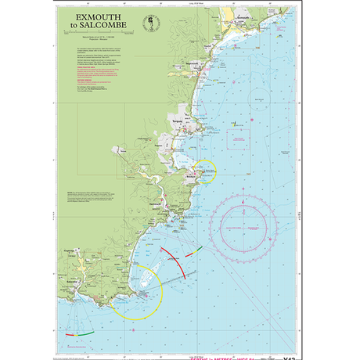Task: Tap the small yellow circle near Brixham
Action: (205, 171)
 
